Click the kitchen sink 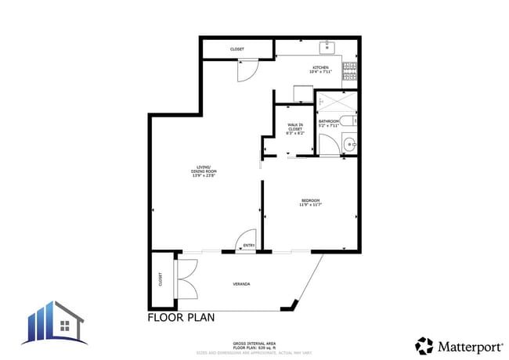click(327, 48)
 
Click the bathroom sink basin click(350, 143)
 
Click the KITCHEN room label click(321, 69)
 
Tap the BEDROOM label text click(310, 202)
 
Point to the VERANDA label click(241, 283)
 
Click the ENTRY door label click(249, 246)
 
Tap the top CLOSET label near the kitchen click(236, 49)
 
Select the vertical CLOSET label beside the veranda click(161, 279)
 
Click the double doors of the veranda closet click(186, 278)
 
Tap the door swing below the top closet click(246, 70)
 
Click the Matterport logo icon click(424, 344)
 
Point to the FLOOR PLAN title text click(181, 318)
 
